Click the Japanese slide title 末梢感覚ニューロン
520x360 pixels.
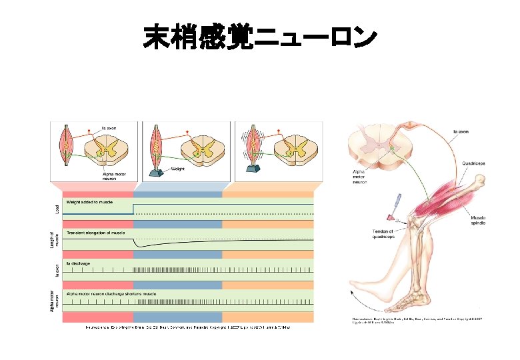point(260,38)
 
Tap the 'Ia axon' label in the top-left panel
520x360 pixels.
point(108,128)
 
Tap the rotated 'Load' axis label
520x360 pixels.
point(56,208)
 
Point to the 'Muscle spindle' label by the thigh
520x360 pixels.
point(478,220)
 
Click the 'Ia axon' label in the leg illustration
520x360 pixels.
point(461,132)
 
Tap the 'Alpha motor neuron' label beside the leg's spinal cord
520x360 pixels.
point(360,176)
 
